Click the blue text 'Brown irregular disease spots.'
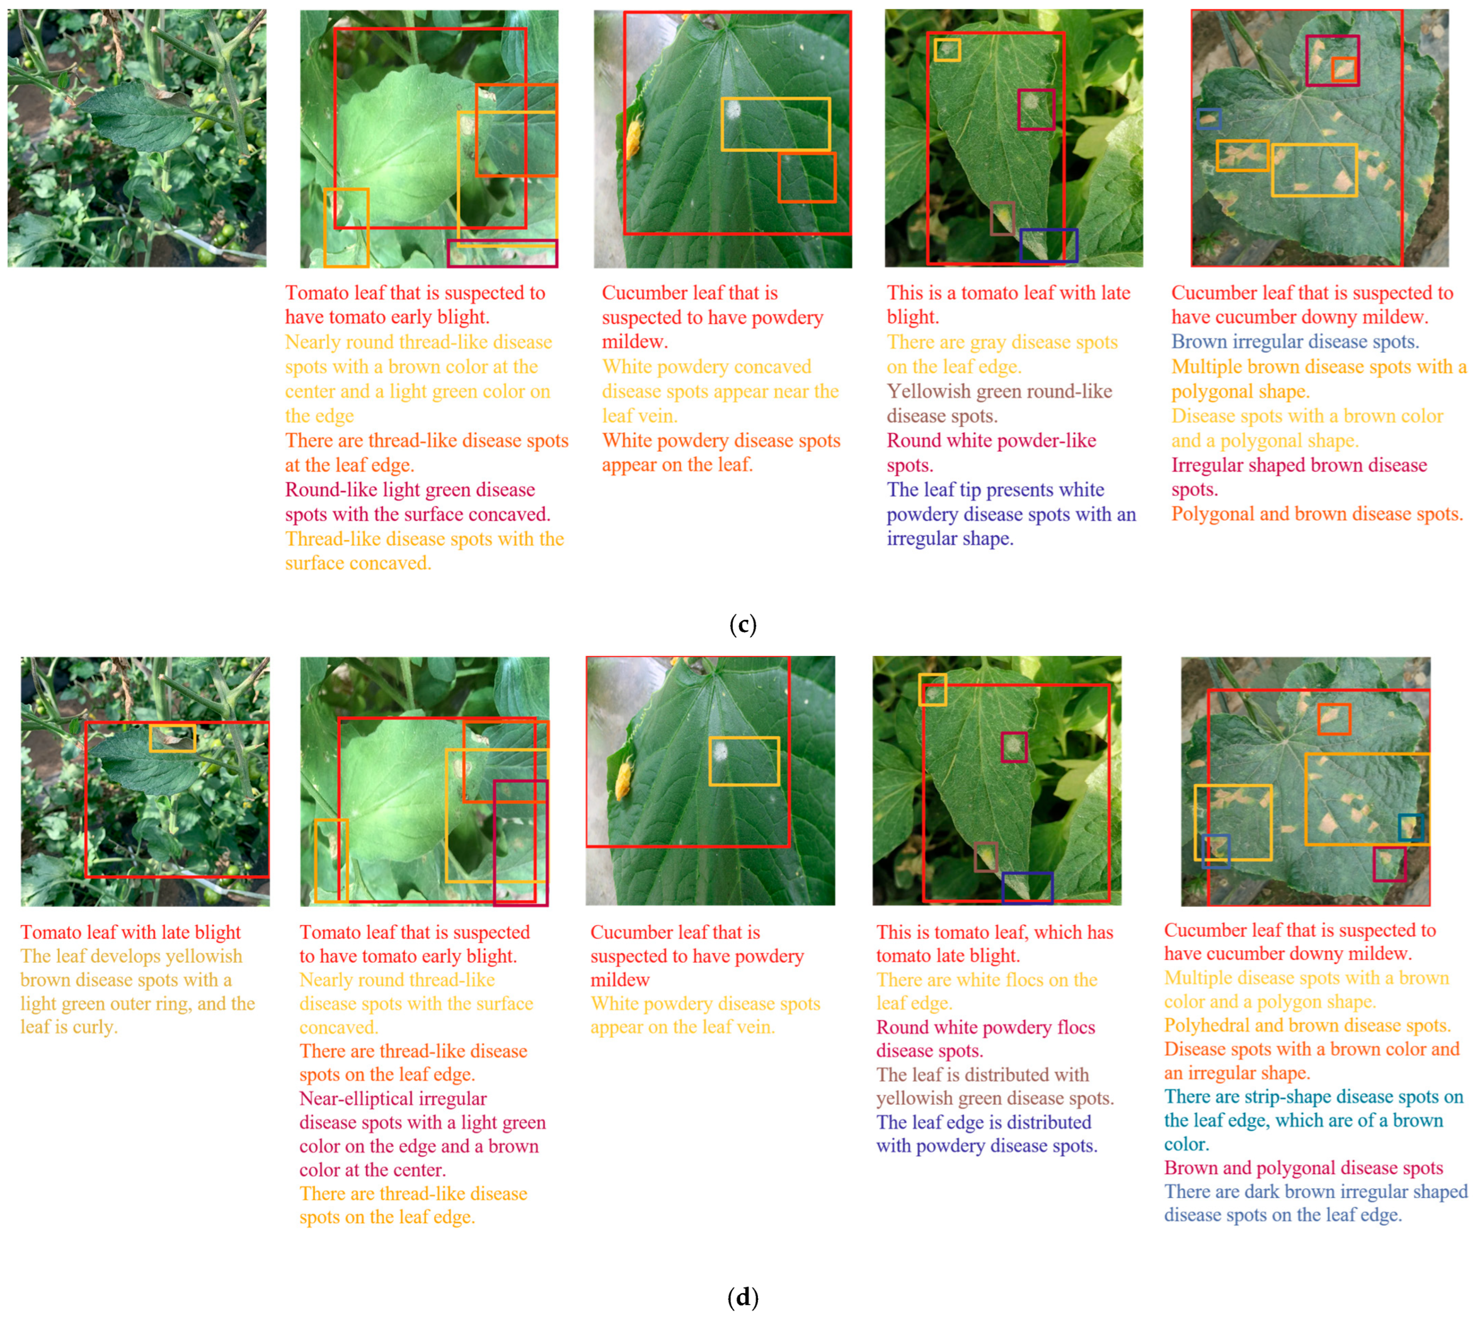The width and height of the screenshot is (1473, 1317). pyautogui.click(x=1295, y=342)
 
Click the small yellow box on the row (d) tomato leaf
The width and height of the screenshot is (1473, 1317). pyautogui.click(x=172, y=738)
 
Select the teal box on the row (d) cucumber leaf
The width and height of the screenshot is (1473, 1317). pyautogui.click(x=1410, y=827)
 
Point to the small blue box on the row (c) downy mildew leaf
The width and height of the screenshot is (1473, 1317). pyautogui.click(x=1209, y=119)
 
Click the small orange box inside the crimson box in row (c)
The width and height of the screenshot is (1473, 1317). pyautogui.click(x=1343, y=70)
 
